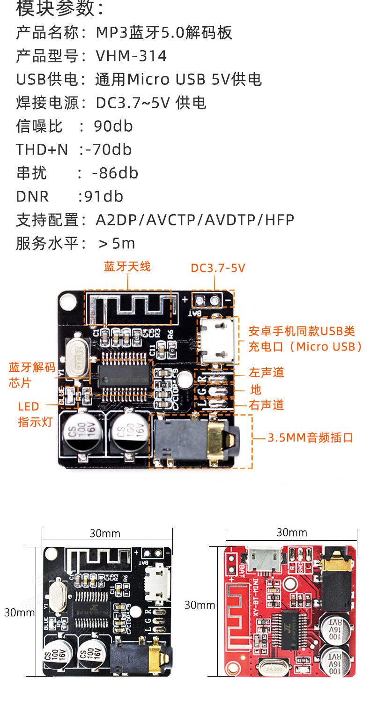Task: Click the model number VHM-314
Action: point(131,56)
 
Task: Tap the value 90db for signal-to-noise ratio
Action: point(113,127)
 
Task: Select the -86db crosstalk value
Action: point(115,173)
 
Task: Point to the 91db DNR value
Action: point(103,197)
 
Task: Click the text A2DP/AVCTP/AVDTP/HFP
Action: point(195,220)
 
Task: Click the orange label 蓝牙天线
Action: point(127,267)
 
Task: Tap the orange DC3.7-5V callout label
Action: point(218,268)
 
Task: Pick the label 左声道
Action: point(266,373)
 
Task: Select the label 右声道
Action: point(266,405)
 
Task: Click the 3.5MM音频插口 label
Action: point(311,438)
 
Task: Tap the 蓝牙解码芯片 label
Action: point(32,375)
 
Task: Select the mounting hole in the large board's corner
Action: point(67,301)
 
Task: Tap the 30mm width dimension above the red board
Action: point(291,532)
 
